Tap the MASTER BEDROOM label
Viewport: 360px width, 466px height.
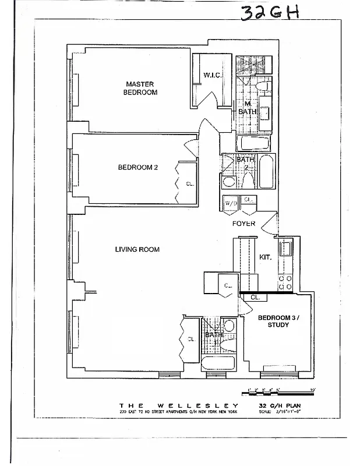pos(140,88)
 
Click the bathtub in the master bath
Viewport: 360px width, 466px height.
pos(253,143)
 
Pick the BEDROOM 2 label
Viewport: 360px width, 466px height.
pos(138,167)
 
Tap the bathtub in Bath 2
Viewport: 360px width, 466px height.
pos(266,172)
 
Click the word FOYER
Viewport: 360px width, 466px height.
pos(244,223)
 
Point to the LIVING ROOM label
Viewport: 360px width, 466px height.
pos(137,249)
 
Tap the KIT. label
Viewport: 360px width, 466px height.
pos(265,256)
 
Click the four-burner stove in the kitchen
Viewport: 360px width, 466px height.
pos(285,283)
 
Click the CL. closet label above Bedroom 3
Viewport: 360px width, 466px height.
pos(255,298)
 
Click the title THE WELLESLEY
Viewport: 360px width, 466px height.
pos(179,405)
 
